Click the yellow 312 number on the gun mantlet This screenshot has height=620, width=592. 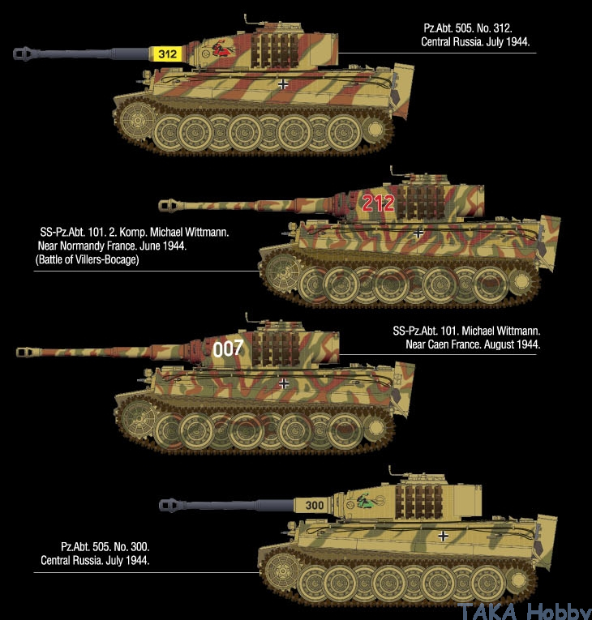(167, 53)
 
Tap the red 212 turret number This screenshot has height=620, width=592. (378, 203)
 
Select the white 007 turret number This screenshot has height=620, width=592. (228, 348)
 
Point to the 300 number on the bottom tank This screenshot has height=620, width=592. (315, 506)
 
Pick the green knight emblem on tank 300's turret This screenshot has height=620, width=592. (367, 502)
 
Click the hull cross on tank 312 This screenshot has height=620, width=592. (283, 83)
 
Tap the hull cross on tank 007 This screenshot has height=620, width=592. (284, 383)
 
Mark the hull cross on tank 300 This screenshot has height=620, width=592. (444, 536)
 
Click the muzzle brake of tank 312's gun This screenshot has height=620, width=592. (24, 53)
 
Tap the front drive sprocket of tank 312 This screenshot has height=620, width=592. (136, 120)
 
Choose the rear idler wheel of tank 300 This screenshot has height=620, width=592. (519, 579)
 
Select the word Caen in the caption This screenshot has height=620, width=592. (439, 344)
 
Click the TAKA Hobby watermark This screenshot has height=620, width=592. (525, 611)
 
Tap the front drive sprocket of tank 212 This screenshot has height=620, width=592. (282, 272)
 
